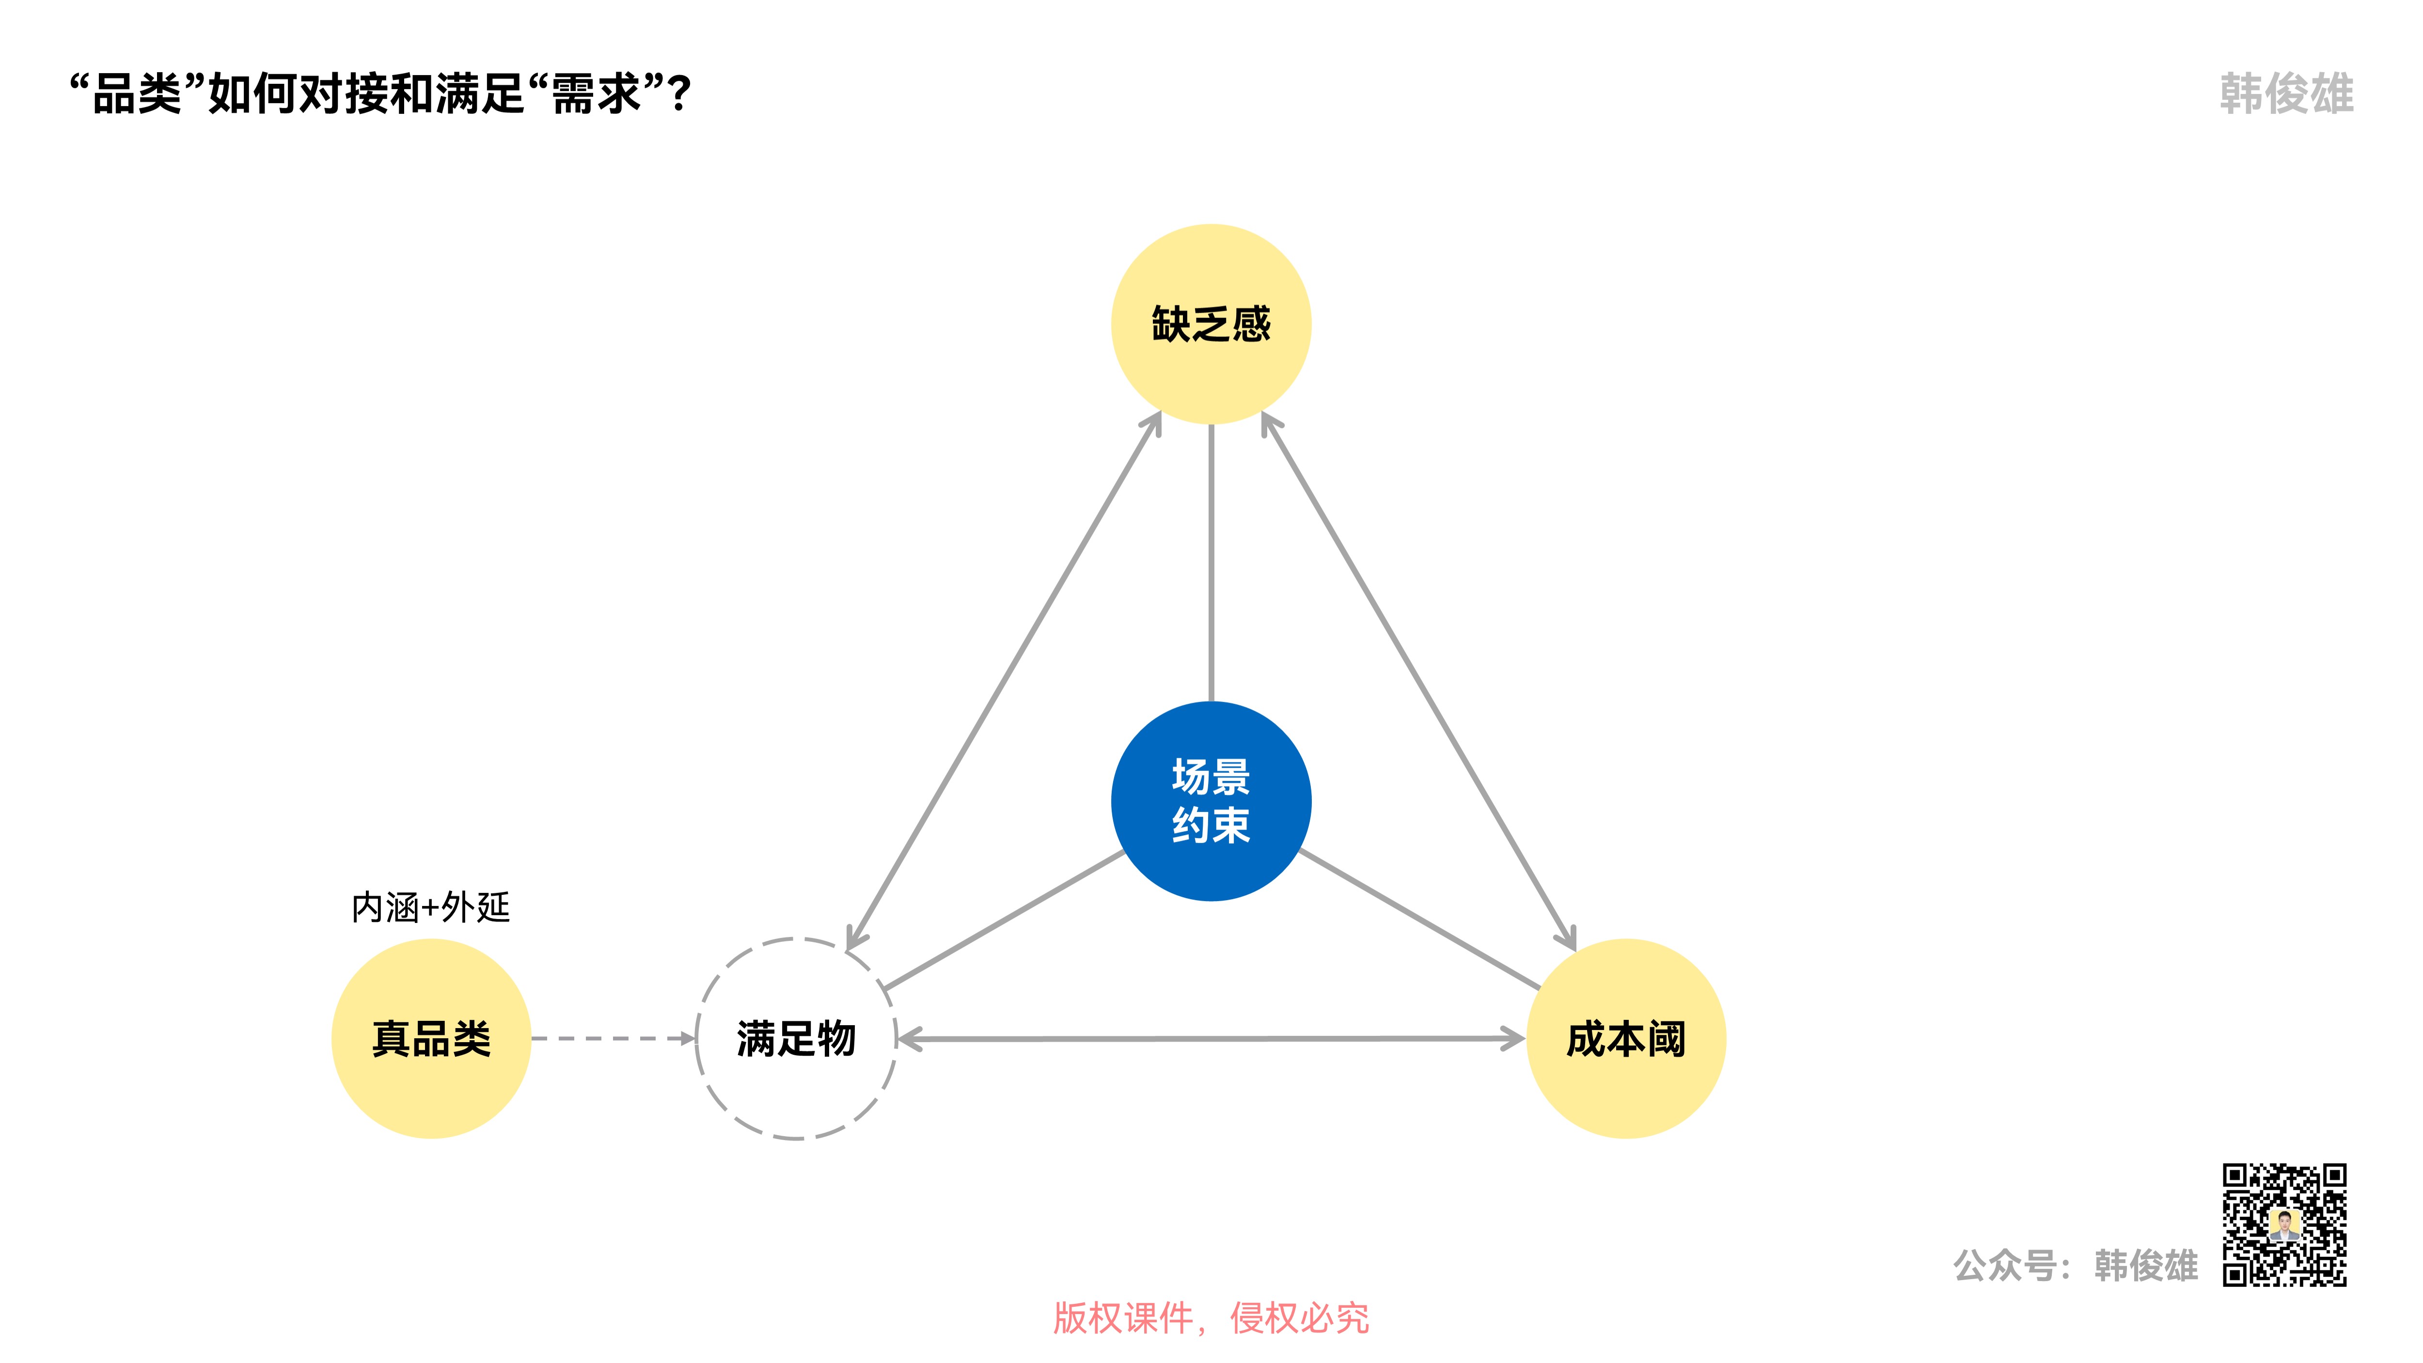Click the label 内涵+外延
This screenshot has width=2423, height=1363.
[x=431, y=908]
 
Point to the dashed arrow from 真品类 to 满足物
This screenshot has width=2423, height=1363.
[x=612, y=1038]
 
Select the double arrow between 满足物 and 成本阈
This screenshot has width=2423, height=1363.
[x=1211, y=1038]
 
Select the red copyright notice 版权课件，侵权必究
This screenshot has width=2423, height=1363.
[x=1211, y=1318]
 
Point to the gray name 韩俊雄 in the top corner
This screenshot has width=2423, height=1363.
[x=2286, y=94]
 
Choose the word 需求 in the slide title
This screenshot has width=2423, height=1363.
[x=596, y=94]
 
